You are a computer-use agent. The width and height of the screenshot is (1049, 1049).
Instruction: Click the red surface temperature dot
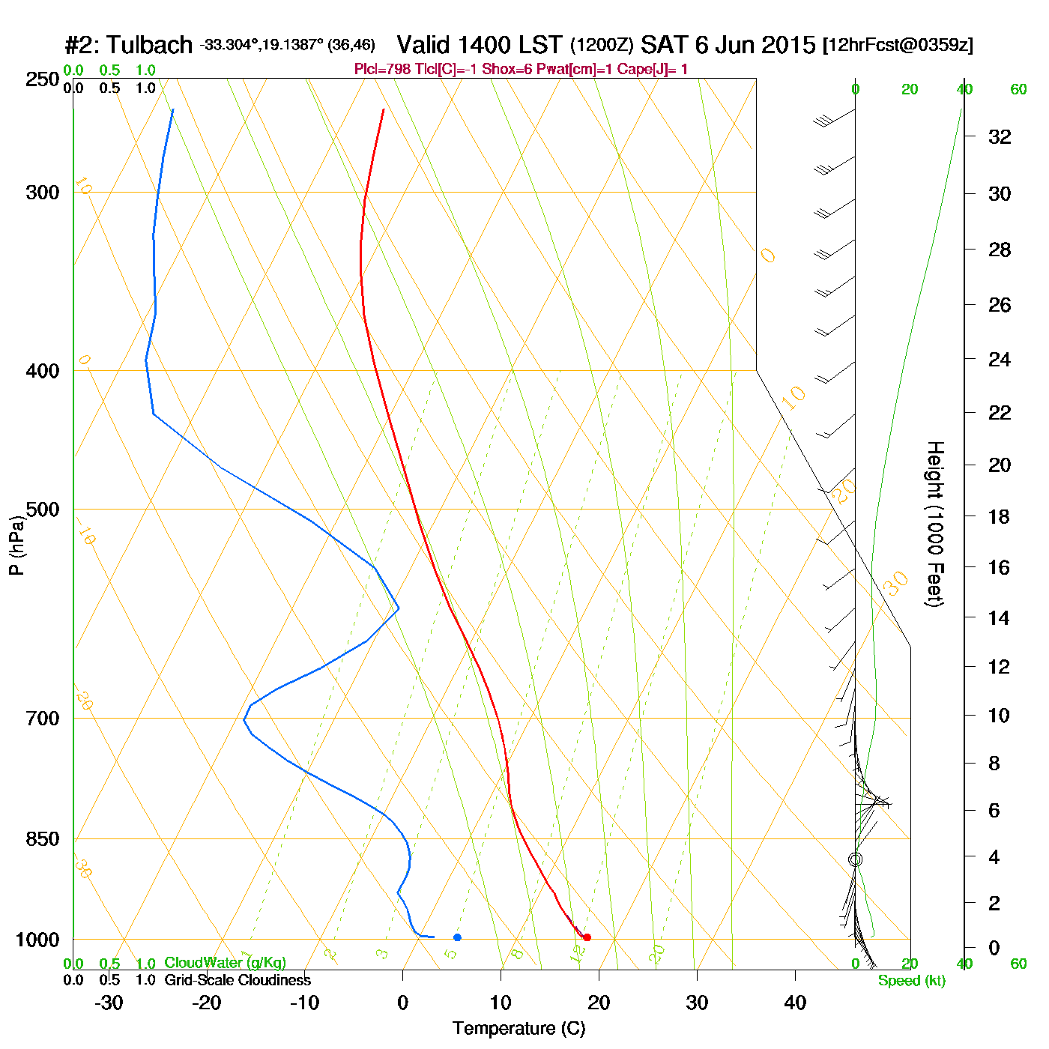pos(587,937)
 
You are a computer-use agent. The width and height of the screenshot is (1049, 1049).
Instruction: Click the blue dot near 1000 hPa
pos(457,937)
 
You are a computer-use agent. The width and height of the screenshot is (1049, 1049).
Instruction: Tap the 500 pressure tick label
pos(43,510)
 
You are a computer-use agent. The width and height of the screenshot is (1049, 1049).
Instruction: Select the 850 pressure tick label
pos(43,839)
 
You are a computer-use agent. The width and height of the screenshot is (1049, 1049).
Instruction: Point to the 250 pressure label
pos(43,79)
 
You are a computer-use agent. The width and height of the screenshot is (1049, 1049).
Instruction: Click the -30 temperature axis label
pos(109,1003)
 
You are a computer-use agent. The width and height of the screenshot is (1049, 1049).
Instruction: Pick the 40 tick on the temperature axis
pos(795,1003)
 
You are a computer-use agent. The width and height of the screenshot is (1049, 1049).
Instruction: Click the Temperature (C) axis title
pos(519,1029)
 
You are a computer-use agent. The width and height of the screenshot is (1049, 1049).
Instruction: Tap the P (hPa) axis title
pos(16,545)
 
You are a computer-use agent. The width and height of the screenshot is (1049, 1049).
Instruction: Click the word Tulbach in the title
pos(149,45)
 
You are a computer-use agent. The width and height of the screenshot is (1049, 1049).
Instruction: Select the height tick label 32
pos(1000,136)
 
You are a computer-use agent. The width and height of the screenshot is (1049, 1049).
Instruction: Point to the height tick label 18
pos(1000,516)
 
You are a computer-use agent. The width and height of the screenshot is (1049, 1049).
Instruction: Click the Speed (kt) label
pos(912,981)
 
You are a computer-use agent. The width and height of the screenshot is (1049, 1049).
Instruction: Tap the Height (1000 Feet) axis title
pos(935,524)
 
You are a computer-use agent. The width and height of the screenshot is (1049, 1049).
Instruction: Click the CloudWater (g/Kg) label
pos(225,963)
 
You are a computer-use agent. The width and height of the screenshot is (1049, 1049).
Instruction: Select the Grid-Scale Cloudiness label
pos(238,980)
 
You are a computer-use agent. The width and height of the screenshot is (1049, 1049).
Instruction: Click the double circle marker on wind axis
pos(855,859)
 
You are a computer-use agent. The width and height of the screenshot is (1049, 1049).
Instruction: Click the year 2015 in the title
pos(788,45)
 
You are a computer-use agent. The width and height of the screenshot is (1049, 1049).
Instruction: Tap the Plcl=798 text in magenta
pos(382,70)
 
